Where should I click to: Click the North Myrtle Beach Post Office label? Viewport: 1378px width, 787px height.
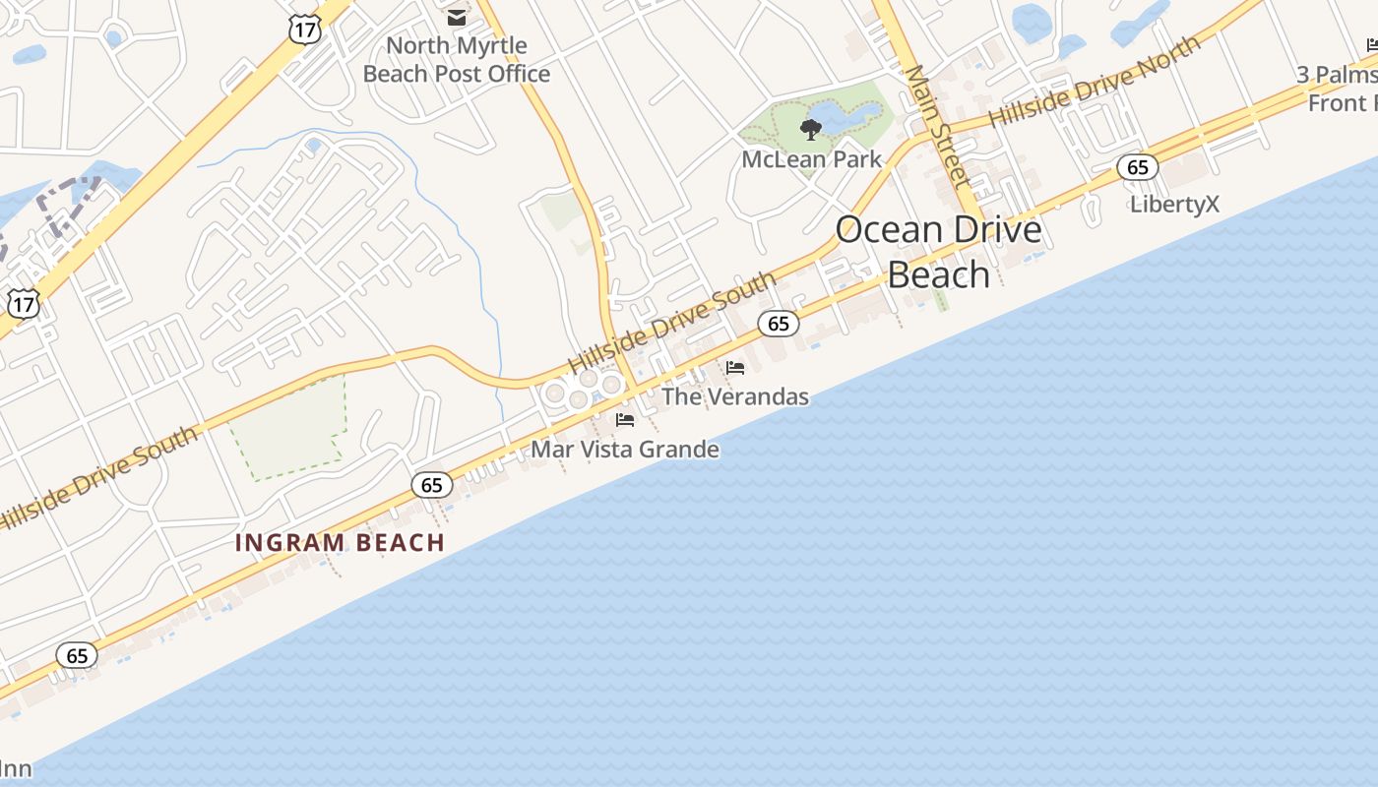pyautogui.click(x=457, y=60)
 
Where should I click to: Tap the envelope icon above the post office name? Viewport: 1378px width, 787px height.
pyautogui.click(x=457, y=17)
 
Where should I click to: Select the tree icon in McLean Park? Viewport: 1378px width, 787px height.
pyautogui.click(x=811, y=129)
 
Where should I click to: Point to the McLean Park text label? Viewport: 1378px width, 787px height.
pyautogui.click(x=811, y=158)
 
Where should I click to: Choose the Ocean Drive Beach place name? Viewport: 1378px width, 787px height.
pyautogui.click(x=938, y=252)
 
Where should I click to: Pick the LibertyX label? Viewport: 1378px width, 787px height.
pyautogui.click(x=1174, y=205)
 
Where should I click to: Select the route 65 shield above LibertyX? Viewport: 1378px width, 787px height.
pyautogui.click(x=1137, y=167)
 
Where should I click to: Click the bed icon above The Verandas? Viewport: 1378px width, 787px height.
pyautogui.click(x=735, y=368)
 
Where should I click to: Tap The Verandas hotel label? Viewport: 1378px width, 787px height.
pyautogui.click(x=735, y=396)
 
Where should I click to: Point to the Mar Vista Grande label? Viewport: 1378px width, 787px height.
pyautogui.click(x=625, y=450)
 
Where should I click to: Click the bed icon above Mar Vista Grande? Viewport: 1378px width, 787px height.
pyautogui.click(x=625, y=420)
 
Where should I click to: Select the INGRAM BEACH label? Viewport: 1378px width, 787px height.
pyautogui.click(x=341, y=542)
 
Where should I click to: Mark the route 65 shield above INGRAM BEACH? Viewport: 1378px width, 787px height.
pyautogui.click(x=431, y=484)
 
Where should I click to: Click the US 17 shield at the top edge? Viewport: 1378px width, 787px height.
pyautogui.click(x=304, y=30)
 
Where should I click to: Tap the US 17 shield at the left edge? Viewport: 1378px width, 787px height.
pyautogui.click(x=24, y=304)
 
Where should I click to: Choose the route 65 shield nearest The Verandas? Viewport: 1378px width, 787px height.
pyautogui.click(x=778, y=323)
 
